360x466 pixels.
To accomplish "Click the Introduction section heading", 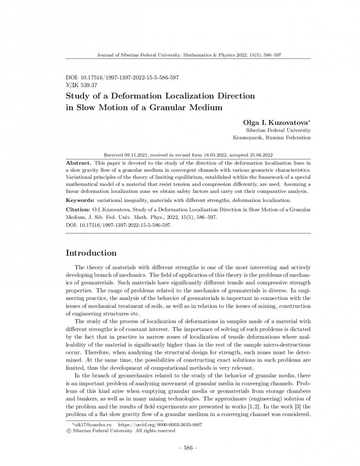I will point(91,252).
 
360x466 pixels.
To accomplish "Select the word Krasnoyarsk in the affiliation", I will point(247,138).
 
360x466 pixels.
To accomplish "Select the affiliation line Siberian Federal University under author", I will point(278,130).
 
